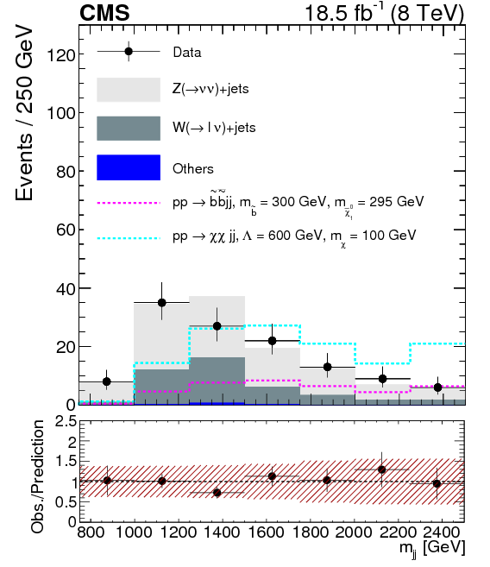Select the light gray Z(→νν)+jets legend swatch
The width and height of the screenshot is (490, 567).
point(129,90)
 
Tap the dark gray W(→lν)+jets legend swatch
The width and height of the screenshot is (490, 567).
point(129,128)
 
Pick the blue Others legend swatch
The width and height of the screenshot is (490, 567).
point(129,167)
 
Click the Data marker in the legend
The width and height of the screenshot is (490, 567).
point(129,52)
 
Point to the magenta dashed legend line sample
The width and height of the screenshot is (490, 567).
point(129,203)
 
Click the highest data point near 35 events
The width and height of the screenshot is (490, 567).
point(161,302)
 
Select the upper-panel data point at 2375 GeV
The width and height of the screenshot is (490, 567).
point(437,387)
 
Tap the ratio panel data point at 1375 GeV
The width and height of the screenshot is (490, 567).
point(217,493)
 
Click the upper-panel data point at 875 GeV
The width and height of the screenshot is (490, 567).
point(106,381)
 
